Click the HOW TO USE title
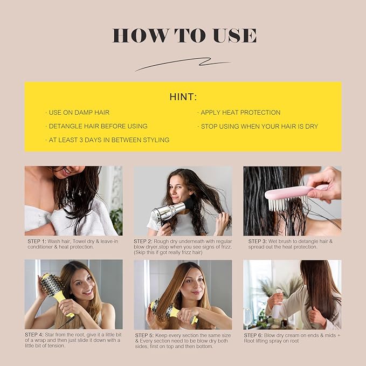[184, 36]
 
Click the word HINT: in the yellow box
[183, 97]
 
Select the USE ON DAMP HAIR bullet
[79, 113]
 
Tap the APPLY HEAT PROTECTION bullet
[240, 113]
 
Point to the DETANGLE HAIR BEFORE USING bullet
[98, 126]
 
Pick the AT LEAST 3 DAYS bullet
[108, 140]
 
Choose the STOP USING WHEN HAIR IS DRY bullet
[259, 127]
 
